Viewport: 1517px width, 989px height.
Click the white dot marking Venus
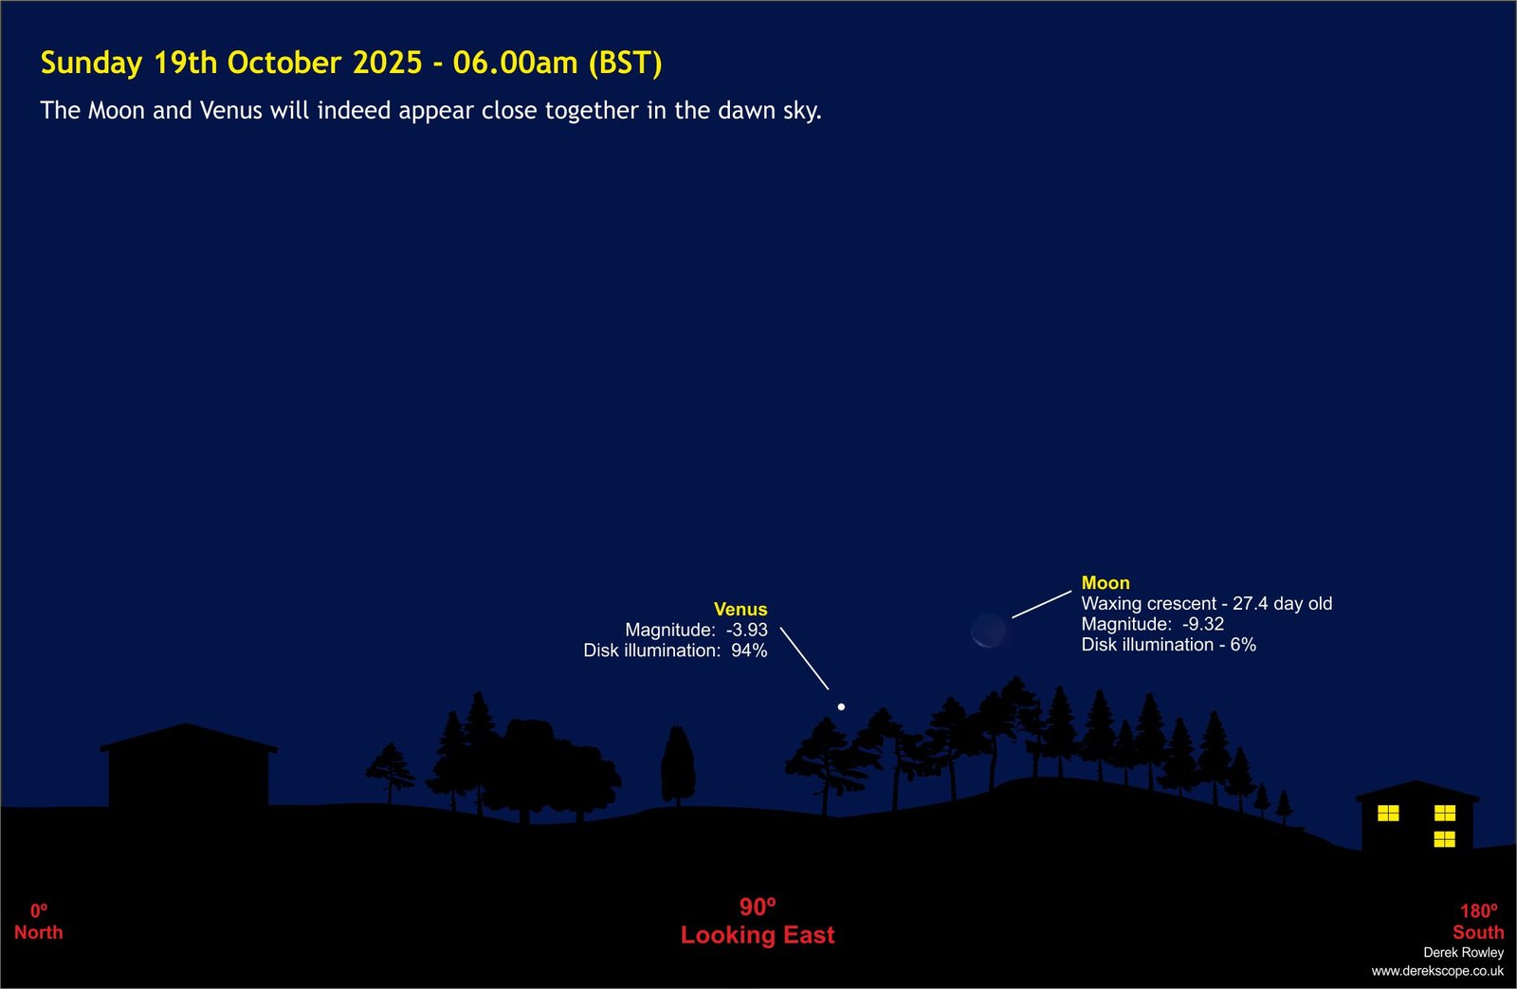click(x=841, y=706)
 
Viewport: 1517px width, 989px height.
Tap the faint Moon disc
click(x=988, y=631)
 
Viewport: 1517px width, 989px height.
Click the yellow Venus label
click(x=740, y=609)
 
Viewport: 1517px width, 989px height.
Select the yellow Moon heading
click(x=1106, y=582)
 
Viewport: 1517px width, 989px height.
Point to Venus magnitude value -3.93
click(x=747, y=630)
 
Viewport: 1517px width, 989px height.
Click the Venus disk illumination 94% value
click(x=749, y=650)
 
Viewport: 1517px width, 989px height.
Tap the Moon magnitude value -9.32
click(x=1203, y=624)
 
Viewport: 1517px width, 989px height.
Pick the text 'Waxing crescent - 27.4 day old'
click(x=1206, y=603)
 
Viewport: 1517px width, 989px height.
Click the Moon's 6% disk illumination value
click(x=1243, y=644)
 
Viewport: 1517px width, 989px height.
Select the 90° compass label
click(x=758, y=907)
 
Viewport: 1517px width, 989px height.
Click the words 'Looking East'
click(x=758, y=935)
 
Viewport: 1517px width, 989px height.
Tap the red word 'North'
click(x=39, y=932)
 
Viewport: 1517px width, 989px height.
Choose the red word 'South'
click(x=1478, y=932)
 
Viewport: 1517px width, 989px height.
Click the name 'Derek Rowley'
click(x=1464, y=952)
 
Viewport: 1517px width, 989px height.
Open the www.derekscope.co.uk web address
click(x=1437, y=971)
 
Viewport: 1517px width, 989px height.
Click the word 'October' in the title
click(x=283, y=63)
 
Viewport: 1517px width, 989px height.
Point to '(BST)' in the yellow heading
click(x=625, y=63)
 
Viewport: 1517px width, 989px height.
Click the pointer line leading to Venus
click(x=804, y=658)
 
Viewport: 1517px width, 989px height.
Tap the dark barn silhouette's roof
click(x=188, y=737)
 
